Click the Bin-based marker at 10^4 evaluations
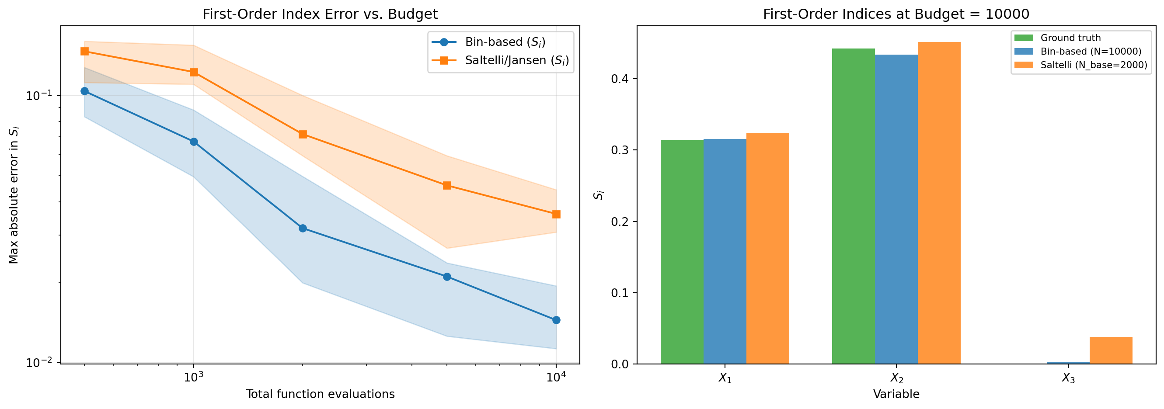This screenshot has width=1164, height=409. (556, 320)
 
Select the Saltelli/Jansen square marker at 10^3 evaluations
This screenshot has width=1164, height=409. (194, 72)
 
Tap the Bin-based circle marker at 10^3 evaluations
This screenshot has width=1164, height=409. (194, 142)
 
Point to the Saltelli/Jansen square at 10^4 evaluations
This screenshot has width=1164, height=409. (556, 214)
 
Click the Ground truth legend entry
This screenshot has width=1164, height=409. (1070, 38)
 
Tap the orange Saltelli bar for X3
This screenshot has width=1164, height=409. (1111, 350)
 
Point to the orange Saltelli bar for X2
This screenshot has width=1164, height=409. (939, 203)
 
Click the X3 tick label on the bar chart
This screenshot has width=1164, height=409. (1068, 378)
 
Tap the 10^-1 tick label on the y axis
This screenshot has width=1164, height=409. (39, 96)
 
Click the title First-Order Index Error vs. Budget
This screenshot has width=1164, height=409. (320, 14)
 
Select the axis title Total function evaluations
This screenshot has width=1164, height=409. (320, 394)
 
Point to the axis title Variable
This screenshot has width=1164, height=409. (896, 394)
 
